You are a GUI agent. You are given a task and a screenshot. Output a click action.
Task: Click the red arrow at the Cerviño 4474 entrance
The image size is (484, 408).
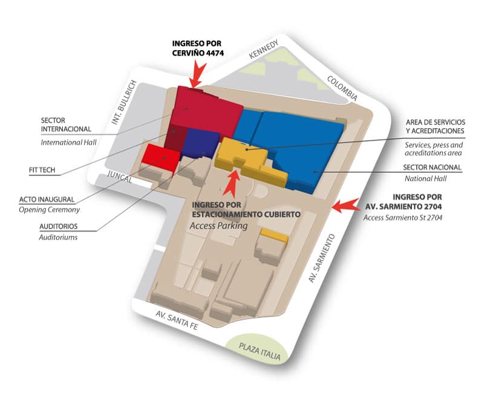(x=195, y=77)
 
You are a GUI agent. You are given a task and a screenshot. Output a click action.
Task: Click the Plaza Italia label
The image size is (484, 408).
(x=260, y=351)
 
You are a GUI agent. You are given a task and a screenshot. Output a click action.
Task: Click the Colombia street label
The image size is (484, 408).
(x=342, y=88)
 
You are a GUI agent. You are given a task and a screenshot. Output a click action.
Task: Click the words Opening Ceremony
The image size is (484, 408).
(x=50, y=209)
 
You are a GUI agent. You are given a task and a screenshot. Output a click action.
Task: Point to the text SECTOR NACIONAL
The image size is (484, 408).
(x=432, y=167)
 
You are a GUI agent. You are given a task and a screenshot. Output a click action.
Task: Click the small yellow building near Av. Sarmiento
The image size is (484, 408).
(x=273, y=235)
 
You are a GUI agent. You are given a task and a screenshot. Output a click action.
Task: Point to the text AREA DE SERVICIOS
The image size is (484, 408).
(x=434, y=123)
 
